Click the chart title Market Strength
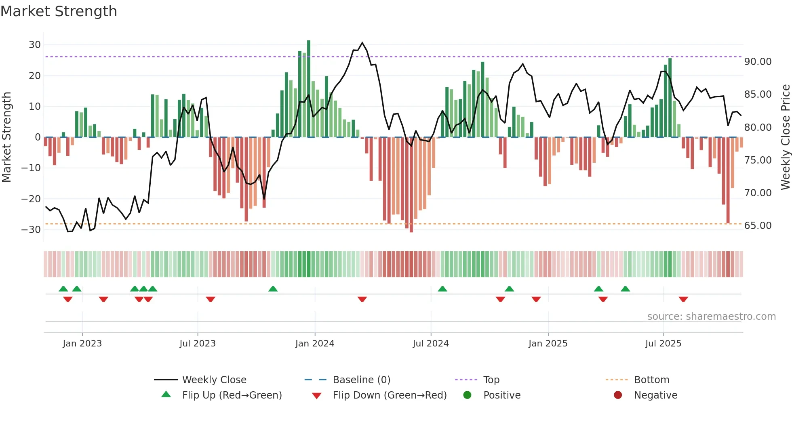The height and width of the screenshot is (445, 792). click(59, 11)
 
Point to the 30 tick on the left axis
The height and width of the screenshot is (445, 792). click(35, 45)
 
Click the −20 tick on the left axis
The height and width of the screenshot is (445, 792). click(31, 199)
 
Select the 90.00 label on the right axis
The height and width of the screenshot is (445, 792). click(758, 62)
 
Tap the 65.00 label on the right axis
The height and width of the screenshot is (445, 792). click(758, 226)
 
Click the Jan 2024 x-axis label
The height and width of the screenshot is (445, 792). click(315, 344)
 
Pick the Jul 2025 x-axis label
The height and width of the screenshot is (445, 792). click(663, 344)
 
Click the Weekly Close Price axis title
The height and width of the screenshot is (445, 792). click(785, 137)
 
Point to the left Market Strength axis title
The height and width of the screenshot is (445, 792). click(7, 137)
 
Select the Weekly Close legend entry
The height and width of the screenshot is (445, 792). click(214, 380)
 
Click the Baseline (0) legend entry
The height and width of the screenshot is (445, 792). click(361, 380)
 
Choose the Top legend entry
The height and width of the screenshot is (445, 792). click(491, 380)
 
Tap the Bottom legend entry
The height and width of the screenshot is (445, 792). click(651, 380)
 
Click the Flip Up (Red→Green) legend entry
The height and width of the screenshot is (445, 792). click(232, 395)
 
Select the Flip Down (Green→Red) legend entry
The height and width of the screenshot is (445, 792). click(390, 395)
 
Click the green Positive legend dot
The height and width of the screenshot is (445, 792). click(468, 395)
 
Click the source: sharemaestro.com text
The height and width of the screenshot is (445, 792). click(711, 317)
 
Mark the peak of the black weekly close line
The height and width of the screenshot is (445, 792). click(362, 43)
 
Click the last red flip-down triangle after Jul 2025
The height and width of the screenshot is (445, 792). click(683, 299)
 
